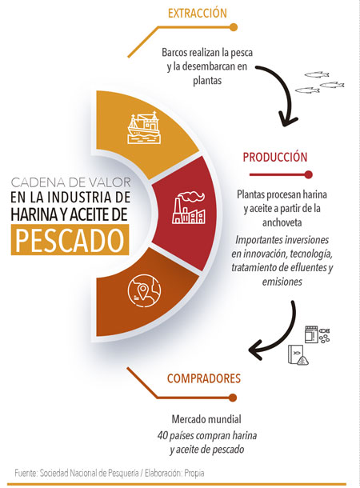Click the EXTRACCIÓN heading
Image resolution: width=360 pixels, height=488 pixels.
pyautogui.click(x=198, y=13)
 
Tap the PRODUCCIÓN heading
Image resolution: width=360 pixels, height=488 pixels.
pyautogui.click(x=275, y=157)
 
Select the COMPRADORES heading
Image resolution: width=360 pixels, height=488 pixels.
pyautogui.click(x=204, y=378)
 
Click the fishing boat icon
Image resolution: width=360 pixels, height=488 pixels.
pyautogui.click(x=144, y=127)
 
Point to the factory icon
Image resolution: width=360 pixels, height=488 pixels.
pyautogui.click(x=189, y=208)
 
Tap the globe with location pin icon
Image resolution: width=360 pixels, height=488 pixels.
pyautogui.click(x=144, y=291)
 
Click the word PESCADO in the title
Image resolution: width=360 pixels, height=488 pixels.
pyautogui.click(x=70, y=240)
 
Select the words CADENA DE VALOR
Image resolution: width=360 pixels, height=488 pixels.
pyautogui.click(x=71, y=182)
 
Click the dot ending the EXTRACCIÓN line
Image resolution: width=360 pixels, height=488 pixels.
pyautogui.click(x=234, y=27)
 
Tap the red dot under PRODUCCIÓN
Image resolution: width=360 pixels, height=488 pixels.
pyautogui.click(x=308, y=174)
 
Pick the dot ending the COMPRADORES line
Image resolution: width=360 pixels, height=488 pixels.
pyautogui.click(x=233, y=398)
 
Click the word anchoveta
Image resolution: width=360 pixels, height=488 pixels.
pyautogui.click(x=282, y=223)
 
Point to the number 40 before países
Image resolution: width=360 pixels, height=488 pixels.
pyautogui.click(x=162, y=435)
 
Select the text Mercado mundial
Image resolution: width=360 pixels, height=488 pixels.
pyautogui.click(x=206, y=419)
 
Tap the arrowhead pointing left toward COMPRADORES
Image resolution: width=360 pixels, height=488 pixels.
pyautogui.click(x=257, y=350)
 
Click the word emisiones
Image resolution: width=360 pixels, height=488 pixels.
pyautogui.click(x=282, y=282)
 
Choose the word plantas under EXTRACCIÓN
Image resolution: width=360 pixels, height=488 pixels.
pyautogui.click(x=207, y=81)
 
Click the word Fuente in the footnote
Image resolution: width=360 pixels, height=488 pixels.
pyautogui.click(x=26, y=473)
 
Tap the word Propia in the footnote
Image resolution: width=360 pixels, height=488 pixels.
pyautogui.click(x=194, y=474)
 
